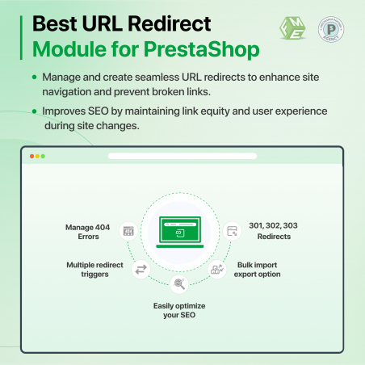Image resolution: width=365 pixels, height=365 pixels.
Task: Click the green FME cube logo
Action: click(x=292, y=28)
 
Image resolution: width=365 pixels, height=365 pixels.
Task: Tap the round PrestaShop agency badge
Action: click(x=331, y=29)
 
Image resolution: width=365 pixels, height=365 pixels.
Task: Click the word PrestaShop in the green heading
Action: click(x=202, y=49)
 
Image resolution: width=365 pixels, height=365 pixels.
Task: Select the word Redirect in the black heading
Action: click(x=170, y=23)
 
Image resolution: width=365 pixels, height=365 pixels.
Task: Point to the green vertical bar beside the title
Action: click(x=21, y=38)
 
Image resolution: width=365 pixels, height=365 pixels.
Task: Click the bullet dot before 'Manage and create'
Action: click(x=34, y=78)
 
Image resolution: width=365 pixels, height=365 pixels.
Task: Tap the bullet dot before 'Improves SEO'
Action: click(x=34, y=111)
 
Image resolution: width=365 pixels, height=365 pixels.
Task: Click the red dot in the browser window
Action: click(x=31, y=156)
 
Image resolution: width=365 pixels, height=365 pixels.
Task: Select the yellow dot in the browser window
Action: click(x=37, y=156)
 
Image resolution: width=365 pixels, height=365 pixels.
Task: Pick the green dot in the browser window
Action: click(x=43, y=156)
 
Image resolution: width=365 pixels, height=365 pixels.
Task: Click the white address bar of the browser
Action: click(x=182, y=156)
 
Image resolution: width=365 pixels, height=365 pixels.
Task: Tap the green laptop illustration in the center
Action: click(x=180, y=232)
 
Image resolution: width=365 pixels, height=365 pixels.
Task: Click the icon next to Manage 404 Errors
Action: click(x=128, y=231)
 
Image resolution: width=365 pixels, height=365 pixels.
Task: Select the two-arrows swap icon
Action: click(x=141, y=270)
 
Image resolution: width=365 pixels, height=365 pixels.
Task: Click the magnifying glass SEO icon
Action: click(x=179, y=284)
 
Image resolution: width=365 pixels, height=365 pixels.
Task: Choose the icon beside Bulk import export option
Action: click(x=217, y=269)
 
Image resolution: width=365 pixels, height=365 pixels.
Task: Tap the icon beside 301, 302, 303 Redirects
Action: click(x=232, y=231)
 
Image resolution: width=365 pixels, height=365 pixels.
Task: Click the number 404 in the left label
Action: click(x=103, y=228)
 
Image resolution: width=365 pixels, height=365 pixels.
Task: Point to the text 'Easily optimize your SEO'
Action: click(x=179, y=310)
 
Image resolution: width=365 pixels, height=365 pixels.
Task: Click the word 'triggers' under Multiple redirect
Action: click(x=94, y=275)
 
